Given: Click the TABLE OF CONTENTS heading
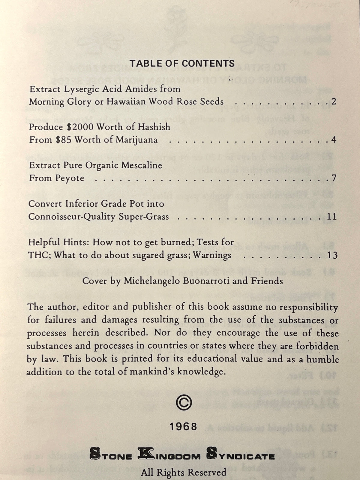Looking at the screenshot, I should (182, 63).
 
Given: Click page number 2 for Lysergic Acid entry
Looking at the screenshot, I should (334, 101).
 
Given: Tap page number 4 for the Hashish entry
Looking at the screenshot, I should (334, 140).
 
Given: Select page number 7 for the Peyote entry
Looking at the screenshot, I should (334, 178).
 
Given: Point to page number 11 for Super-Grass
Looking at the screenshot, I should (332, 217).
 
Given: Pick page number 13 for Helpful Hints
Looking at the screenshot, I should (332, 255).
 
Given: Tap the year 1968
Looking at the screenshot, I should (183, 427).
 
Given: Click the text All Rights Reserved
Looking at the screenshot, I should (184, 472).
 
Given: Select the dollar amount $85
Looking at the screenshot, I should (63, 140).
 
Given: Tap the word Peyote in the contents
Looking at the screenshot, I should (70, 178).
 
